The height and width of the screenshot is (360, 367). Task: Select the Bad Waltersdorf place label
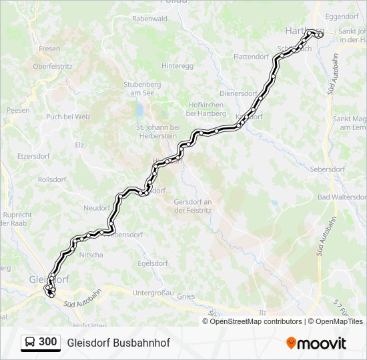(342, 197)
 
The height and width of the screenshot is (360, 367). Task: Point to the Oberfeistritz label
(52, 67)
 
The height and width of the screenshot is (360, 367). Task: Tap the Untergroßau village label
(153, 293)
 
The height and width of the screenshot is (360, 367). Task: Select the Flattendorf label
(251, 57)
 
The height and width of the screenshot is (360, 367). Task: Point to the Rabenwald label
(149, 19)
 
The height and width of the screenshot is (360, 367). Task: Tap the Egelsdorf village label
(151, 263)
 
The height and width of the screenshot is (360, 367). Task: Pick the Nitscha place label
(91, 255)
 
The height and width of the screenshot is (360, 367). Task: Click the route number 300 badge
(48, 342)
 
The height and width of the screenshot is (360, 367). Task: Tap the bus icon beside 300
(31, 342)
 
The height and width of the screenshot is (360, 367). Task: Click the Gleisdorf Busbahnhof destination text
(118, 343)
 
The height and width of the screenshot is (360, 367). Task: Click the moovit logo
(316, 343)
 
